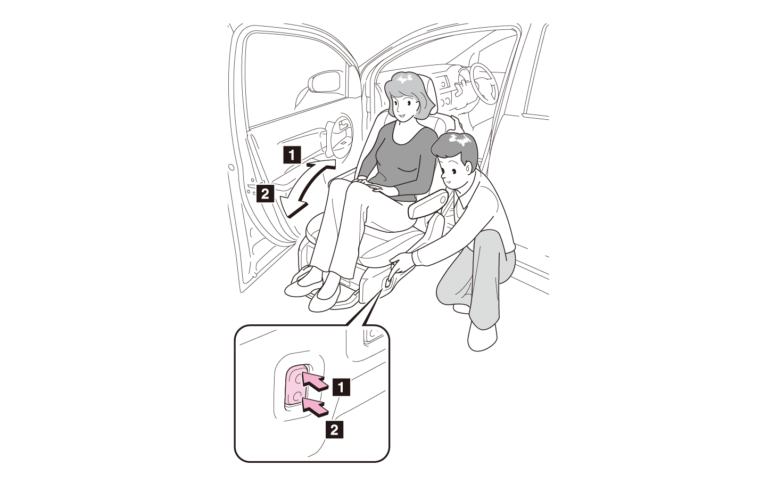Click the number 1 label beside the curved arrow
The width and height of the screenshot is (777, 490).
[x=292, y=155]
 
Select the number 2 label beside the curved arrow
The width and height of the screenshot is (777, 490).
[x=265, y=194]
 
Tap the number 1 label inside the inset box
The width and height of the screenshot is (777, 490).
[x=341, y=387]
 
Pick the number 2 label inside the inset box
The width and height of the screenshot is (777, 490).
[x=334, y=430]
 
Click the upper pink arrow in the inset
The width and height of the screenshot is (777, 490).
[x=315, y=381]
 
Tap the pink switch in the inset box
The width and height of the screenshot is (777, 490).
[x=295, y=385]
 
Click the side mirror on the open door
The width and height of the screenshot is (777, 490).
[x=325, y=81]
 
